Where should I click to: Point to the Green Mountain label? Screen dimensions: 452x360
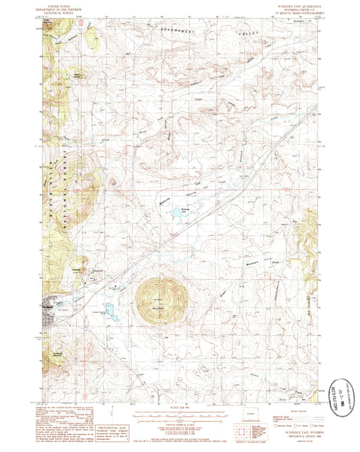[161, 300]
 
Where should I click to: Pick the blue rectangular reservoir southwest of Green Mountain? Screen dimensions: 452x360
[109, 311]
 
